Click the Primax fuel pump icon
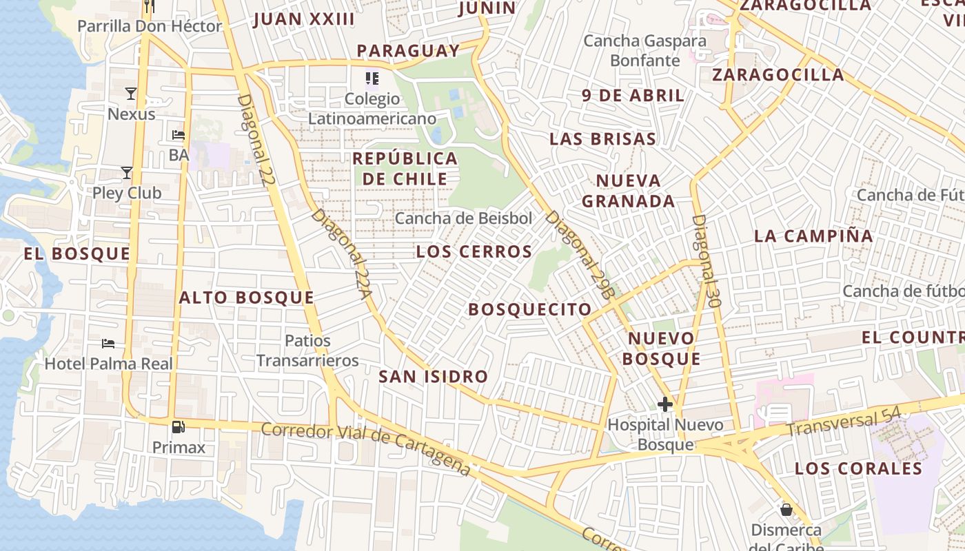click(x=178, y=427)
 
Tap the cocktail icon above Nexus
click(x=131, y=93)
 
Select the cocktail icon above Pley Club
click(x=126, y=172)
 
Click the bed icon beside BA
click(x=179, y=135)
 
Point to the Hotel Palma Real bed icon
click(x=108, y=343)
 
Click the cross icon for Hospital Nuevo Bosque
click(x=665, y=404)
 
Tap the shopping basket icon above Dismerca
click(x=786, y=510)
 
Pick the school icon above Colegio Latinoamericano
click(x=372, y=79)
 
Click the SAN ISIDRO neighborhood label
click(x=433, y=377)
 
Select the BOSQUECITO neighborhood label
click(x=529, y=309)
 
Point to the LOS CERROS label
click(x=474, y=251)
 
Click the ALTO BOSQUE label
click(x=246, y=298)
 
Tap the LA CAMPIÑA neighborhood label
click(x=813, y=236)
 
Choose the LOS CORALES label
click(x=858, y=468)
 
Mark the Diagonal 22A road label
click(x=341, y=255)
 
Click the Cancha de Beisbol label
click(x=463, y=218)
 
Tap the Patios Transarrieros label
click(x=307, y=351)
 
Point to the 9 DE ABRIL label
click(x=633, y=95)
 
